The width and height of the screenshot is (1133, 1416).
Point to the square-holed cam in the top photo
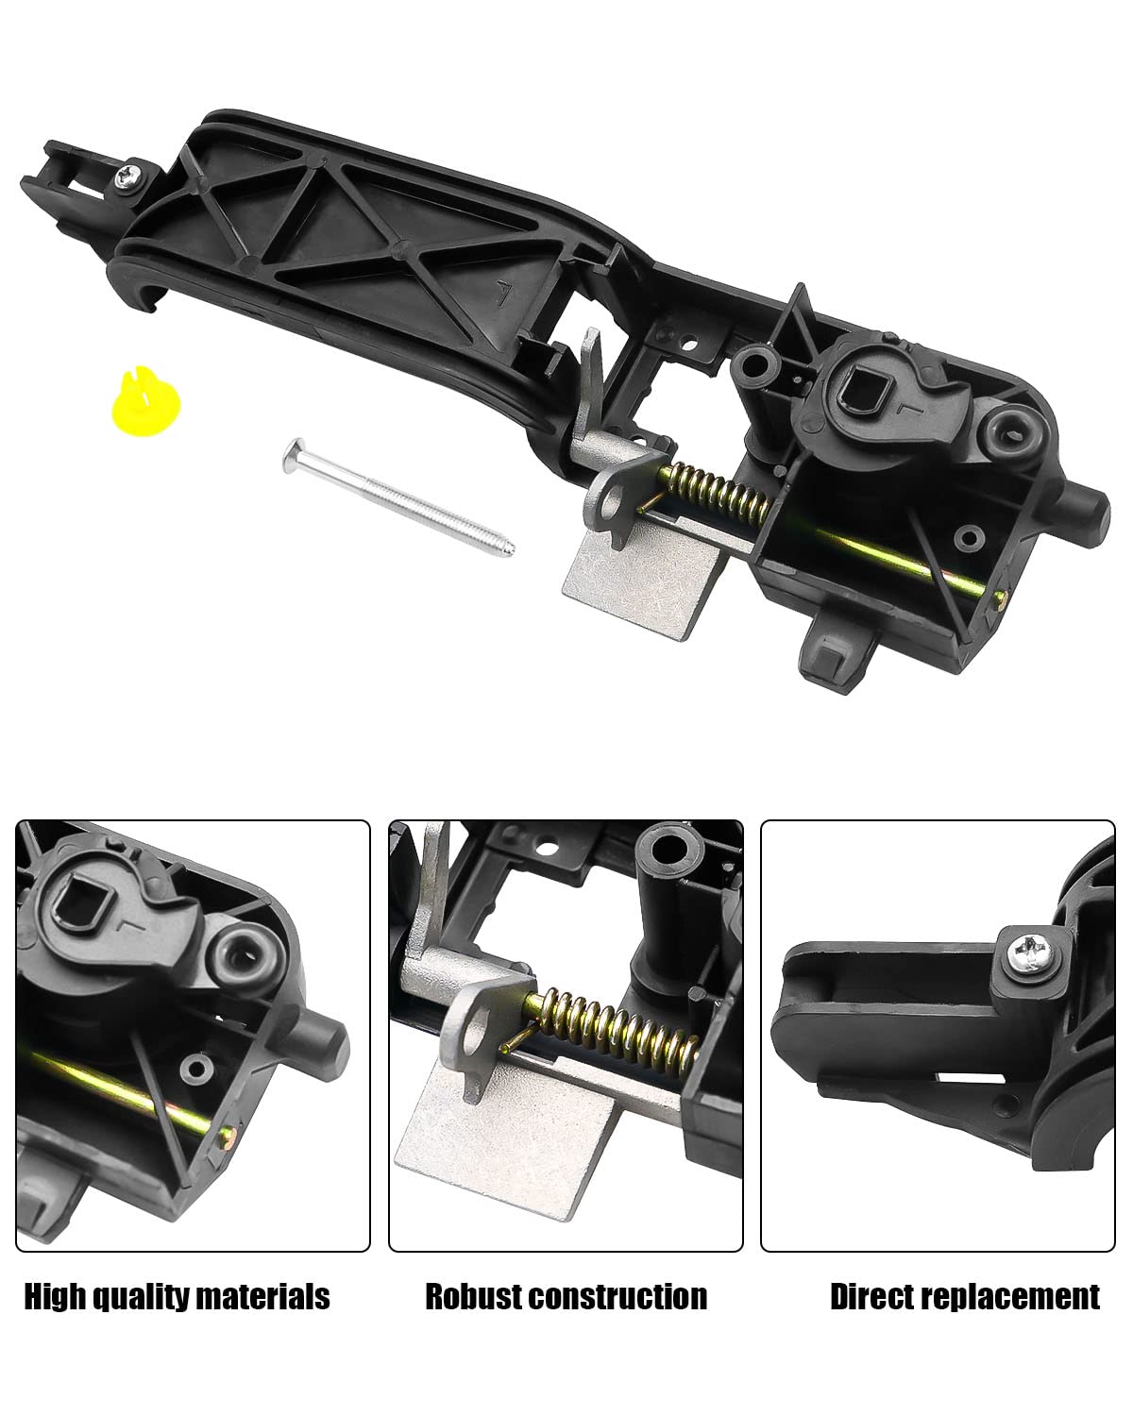pyautogui.click(x=867, y=384)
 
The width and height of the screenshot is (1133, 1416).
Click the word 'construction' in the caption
pyautogui.click(x=618, y=1296)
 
